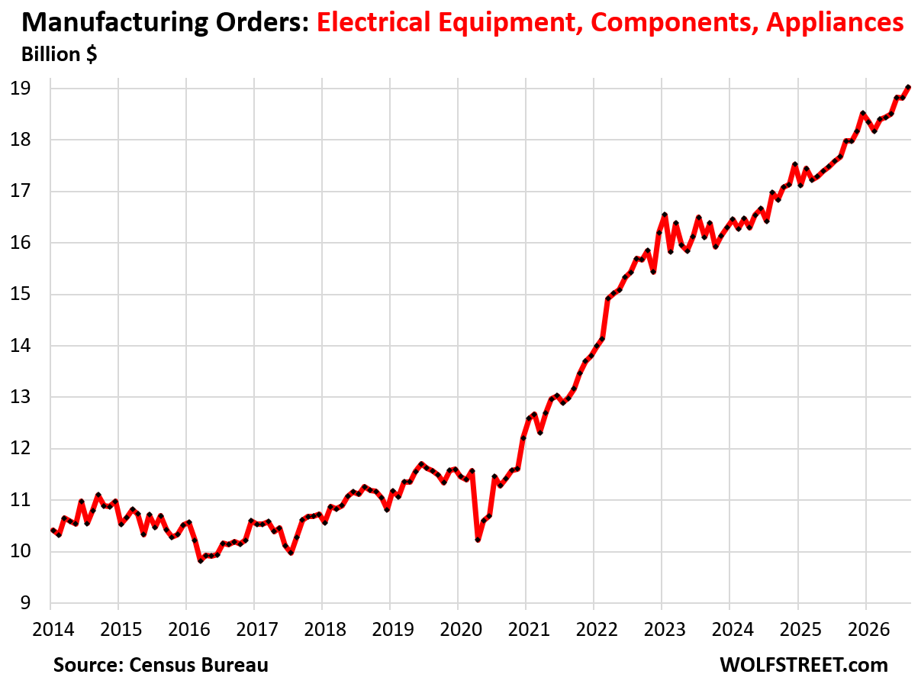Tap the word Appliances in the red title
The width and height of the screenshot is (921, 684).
[835, 23]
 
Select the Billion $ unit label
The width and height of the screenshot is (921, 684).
[60, 54]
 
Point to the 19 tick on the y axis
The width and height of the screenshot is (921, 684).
[21, 89]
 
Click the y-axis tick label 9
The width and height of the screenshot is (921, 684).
[25, 602]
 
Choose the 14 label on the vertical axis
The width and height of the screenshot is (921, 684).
[21, 345]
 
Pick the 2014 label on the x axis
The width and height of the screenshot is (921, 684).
[53, 629]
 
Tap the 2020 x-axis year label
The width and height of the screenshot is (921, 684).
[461, 629]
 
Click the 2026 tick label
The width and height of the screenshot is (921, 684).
[868, 629]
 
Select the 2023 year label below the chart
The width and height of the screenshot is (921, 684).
[665, 629]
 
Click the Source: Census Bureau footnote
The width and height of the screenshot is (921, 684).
[161, 665]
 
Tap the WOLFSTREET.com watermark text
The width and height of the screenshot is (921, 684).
[804, 665]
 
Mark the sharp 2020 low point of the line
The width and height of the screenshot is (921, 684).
[478, 540]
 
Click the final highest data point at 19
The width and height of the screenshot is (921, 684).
[908, 87]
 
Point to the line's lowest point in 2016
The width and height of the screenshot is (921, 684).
[201, 560]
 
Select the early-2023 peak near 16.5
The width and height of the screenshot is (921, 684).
[665, 215]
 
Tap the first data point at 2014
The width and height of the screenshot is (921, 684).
[53, 530]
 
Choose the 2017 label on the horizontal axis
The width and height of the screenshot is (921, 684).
[257, 629]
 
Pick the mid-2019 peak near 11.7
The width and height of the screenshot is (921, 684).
[421, 463]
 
